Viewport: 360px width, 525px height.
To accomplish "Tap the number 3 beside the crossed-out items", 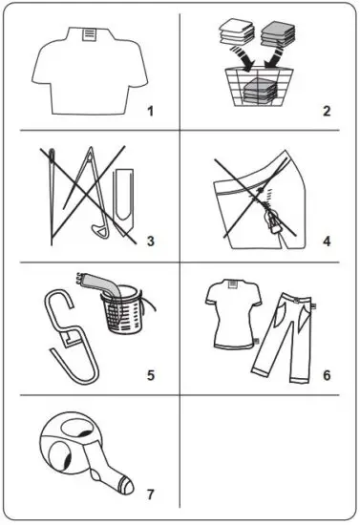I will pos(150,240).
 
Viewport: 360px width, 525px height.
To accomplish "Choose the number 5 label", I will pos(150,373).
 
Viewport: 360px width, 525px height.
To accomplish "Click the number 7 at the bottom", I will pos(150,494).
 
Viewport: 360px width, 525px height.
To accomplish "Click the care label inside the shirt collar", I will pos(89,35).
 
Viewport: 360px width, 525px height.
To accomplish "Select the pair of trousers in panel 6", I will pos(287,329).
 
